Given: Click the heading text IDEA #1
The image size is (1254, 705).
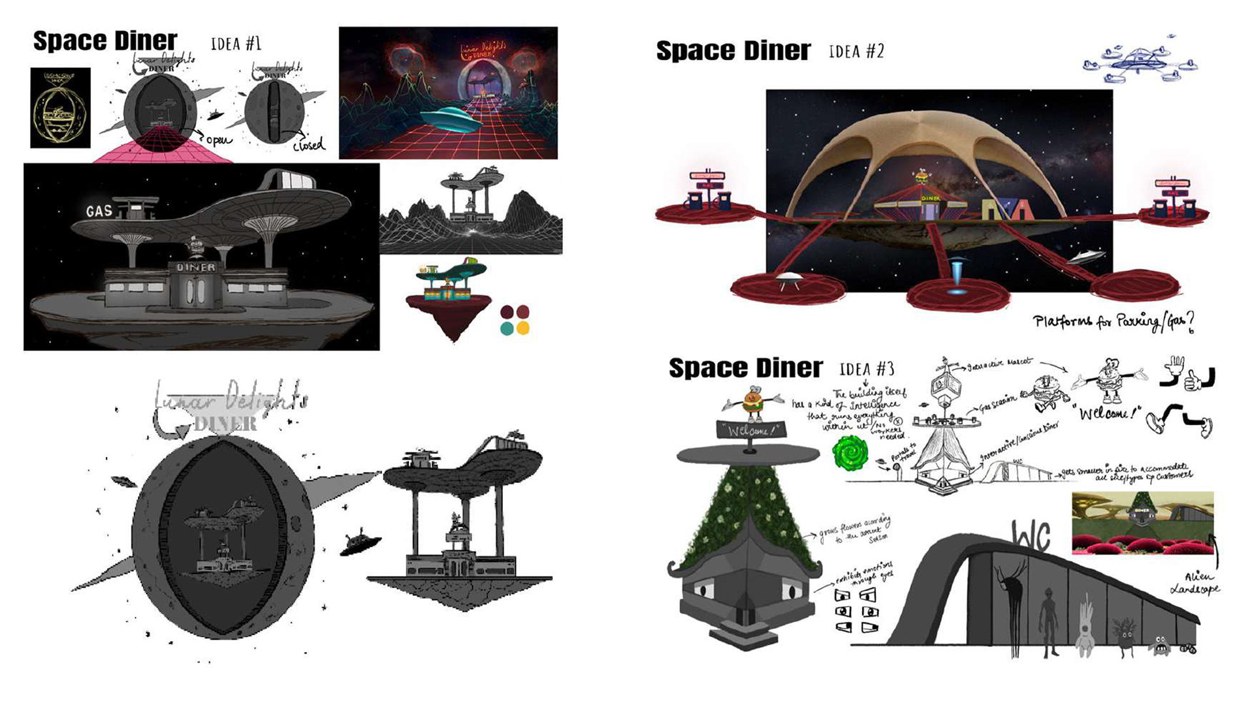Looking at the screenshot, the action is pos(236,44).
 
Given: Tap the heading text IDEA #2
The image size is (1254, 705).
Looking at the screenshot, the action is pos(856,51).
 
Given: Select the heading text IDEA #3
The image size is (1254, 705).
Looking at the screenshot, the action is pos(867,369).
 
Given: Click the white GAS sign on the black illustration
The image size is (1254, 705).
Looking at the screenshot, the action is pos(99,211).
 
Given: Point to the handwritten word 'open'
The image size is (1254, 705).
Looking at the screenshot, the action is pos(219,140).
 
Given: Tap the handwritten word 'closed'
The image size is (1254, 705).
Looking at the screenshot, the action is pos(308,144).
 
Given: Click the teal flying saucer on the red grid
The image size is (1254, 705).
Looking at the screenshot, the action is pos(450,119).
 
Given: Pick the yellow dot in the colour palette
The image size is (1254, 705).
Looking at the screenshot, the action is pos(522,328).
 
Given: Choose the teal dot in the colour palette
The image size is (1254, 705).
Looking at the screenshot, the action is pos(507,328).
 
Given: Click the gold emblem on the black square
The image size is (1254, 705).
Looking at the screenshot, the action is pos(60,108).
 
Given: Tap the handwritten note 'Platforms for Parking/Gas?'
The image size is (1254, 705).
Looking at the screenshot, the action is pos(1114,321).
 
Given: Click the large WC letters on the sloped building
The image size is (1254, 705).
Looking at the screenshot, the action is pos(1031,537).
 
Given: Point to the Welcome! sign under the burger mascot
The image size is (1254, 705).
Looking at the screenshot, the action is pos(749,430).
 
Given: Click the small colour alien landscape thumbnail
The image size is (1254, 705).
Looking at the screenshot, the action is pos(1142,523).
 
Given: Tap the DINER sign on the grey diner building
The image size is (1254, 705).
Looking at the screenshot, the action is pos(195,267).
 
